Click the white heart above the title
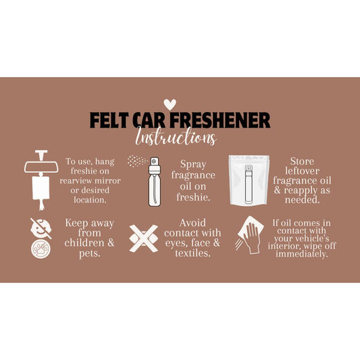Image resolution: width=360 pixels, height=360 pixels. pyautogui.click(x=170, y=104)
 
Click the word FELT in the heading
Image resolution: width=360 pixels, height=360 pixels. pyautogui.click(x=109, y=120)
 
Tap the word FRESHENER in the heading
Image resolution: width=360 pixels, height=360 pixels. pyautogui.click(x=220, y=120)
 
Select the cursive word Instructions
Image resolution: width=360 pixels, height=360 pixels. pyautogui.click(x=176, y=137)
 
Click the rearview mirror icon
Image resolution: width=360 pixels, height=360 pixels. pyautogui.click(x=41, y=166)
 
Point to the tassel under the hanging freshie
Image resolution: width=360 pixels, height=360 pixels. pyautogui.click(x=41, y=205)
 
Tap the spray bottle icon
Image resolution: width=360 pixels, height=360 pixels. pyautogui.click(x=155, y=182)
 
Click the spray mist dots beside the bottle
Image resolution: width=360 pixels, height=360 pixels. pyautogui.click(x=137, y=161)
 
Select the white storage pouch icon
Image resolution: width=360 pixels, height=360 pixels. pyautogui.click(x=249, y=180)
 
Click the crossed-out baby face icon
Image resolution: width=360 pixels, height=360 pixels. pyautogui.click(x=41, y=228)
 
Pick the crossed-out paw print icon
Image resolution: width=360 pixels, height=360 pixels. pyautogui.click(x=41, y=249)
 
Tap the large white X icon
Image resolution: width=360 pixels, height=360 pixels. pyautogui.click(x=144, y=238)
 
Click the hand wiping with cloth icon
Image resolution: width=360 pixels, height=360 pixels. pyautogui.click(x=250, y=235)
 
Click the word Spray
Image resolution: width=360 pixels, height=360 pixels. pyautogui.click(x=193, y=165)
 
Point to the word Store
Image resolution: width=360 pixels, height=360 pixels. pyautogui.click(x=302, y=161)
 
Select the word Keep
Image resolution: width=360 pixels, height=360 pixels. pyautogui.click(x=76, y=223)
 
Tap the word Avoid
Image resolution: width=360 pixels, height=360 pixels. pyautogui.click(x=192, y=223)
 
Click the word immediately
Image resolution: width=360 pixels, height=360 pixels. pyautogui.click(x=302, y=254)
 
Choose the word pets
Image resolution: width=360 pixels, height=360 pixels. pyautogui.click(x=90, y=254)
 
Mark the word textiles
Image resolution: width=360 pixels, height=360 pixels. pyautogui.click(x=192, y=253)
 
